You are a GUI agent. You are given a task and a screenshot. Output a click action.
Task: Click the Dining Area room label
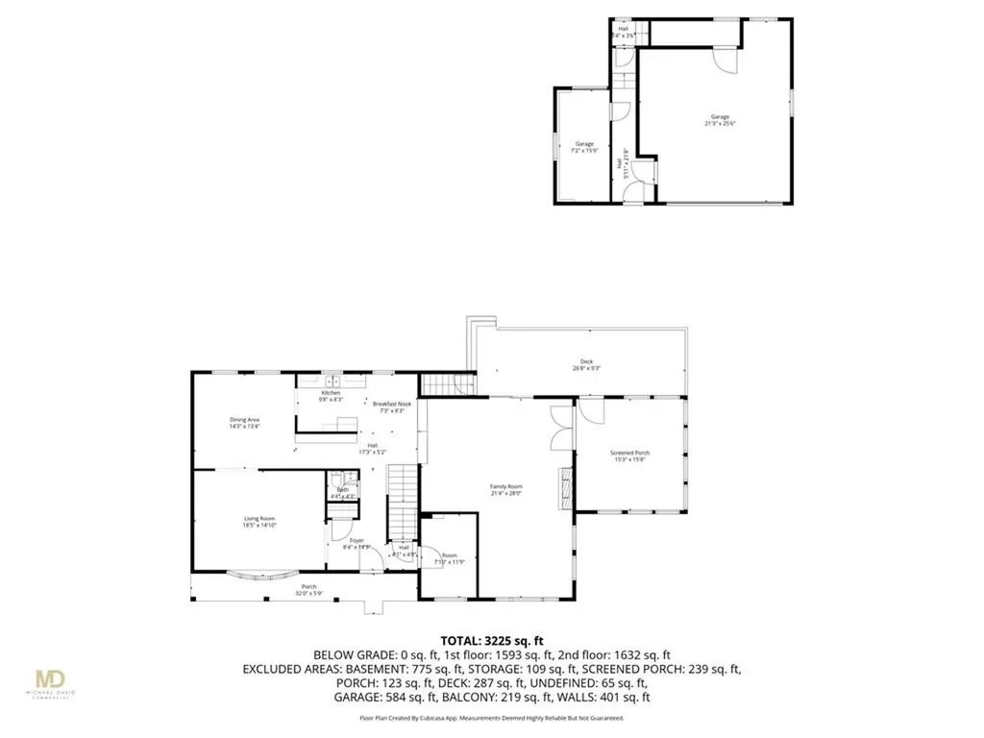point(218,424)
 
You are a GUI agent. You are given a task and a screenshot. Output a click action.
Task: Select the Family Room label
point(506,490)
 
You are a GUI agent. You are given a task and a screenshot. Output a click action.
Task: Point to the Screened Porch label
point(630,455)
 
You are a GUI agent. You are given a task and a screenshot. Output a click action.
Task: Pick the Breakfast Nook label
point(392,407)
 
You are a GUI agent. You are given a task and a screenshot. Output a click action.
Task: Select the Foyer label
point(357,544)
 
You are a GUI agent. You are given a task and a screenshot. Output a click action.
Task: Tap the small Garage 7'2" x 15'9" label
point(585,147)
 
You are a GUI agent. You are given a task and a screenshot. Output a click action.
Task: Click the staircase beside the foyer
point(404,504)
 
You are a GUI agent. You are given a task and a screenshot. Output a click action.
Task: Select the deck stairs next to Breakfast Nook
point(449,386)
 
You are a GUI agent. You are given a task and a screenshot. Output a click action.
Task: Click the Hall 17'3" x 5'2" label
point(371,448)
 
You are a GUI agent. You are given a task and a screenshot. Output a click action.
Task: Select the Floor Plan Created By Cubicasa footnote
point(491,718)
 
